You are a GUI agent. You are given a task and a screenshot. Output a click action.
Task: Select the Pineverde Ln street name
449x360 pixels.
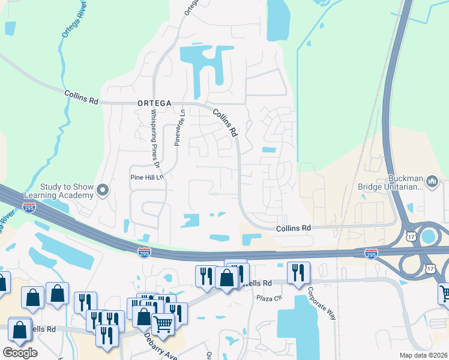tap(178, 128)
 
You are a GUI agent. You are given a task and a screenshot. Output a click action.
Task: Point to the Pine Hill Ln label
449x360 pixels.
tap(147, 178)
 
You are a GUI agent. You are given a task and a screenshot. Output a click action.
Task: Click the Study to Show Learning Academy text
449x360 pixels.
tap(59, 191)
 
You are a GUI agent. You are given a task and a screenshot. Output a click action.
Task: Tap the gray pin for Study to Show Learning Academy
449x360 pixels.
tap(103, 191)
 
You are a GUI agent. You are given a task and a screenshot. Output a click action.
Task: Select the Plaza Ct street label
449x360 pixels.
tap(269, 298)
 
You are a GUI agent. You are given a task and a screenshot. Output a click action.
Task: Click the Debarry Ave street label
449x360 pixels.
tap(161, 349)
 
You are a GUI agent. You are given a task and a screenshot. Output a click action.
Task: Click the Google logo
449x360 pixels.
tap(20, 352)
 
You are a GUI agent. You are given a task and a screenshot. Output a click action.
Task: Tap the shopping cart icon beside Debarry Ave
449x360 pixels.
tap(163, 325)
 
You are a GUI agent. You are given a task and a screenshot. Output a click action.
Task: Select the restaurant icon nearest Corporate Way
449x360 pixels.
tap(298, 273)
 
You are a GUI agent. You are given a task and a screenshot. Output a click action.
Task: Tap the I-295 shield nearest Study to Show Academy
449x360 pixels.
tap(29, 207)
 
